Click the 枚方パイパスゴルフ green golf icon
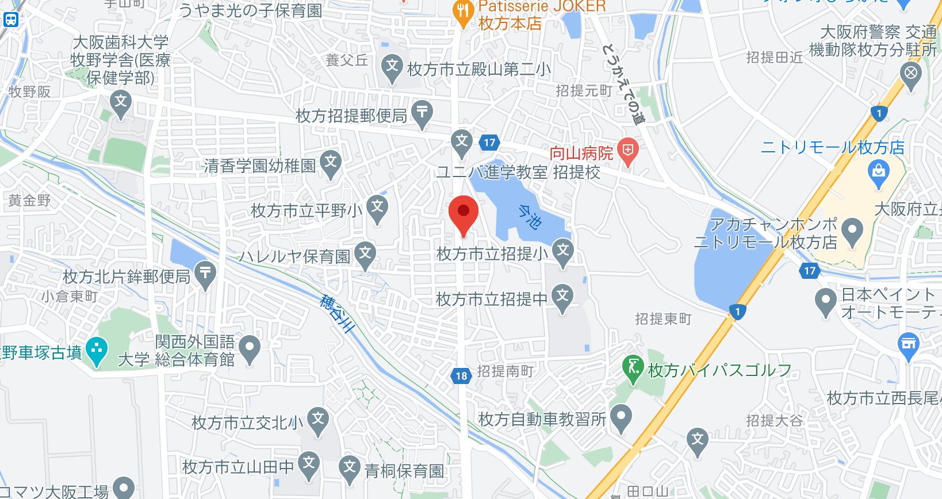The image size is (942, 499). pyautogui.click(x=633, y=367)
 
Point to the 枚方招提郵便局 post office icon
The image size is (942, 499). pyautogui.click(x=422, y=112)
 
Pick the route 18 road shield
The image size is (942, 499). pyautogui.click(x=461, y=376)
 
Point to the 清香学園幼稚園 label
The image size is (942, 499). pyautogui.click(x=260, y=166)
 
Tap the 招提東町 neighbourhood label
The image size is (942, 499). pyautogui.click(x=663, y=319)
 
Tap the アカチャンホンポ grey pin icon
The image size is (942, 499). pyautogui.click(x=852, y=231)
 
